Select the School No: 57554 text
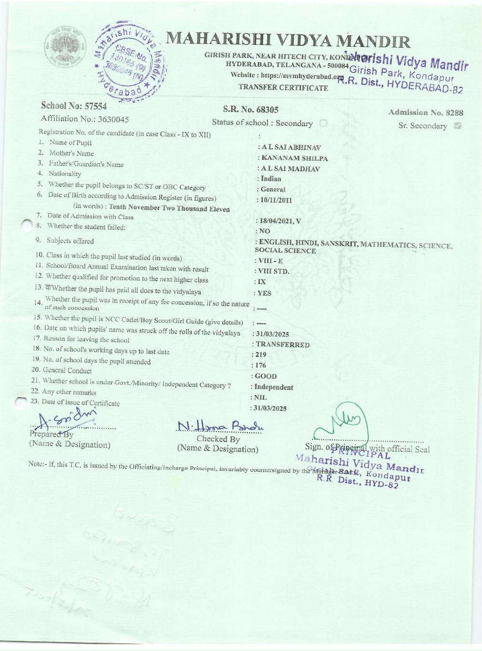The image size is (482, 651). point(74,106)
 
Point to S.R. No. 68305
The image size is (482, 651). point(251,110)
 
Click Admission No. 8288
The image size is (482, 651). point(426,113)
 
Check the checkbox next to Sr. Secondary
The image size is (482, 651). point(458,126)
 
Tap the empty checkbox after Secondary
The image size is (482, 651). point(323,123)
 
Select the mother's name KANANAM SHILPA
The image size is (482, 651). point(294,158)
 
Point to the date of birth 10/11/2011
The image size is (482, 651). point(276,200)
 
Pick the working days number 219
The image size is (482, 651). point(261,355)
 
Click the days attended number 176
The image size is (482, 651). point(261,366)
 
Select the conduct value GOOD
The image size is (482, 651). point(266,376)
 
